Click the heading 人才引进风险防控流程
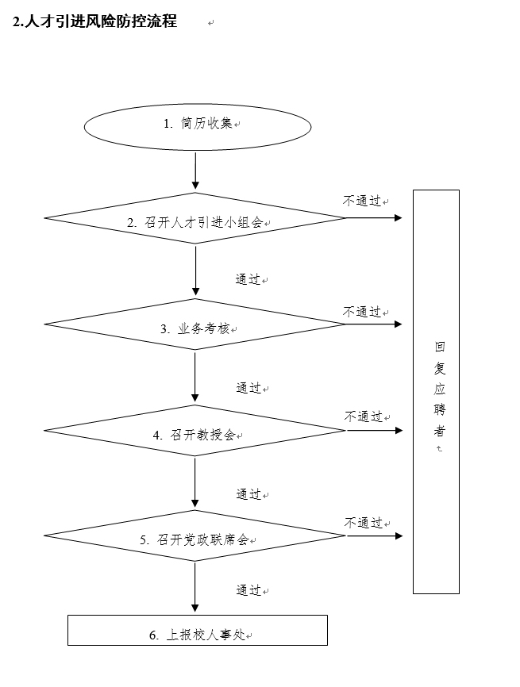pyautogui.click(x=100, y=21)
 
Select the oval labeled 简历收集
pyautogui.click(x=198, y=127)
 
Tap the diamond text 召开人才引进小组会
pyautogui.click(x=203, y=223)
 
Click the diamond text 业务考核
pyautogui.click(x=203, y=328)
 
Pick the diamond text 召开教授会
pyautogui.click(x=203, y=435)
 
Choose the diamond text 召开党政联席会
pyautogui.click(x=203, y=539)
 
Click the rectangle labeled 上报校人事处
pyautogui.click(x=198, y=630)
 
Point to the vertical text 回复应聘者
pyautogui.click(x=440, y=389)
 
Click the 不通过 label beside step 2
pyautogui.click(x=362, y=201)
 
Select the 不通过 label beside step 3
pyautogui.click(x=362, y=312)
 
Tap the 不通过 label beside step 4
pyautogui.click(x=363, y=416)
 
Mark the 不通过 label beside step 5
pyautogui.click(x=363, y=522)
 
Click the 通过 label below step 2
pyautogui.click(x=248, y=279)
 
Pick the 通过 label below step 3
pyautogui.click(x=248, y=388)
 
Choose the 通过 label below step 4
pyautogui.click(x=248, y=494)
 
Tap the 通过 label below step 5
pyautogui.click(x=248, y=590)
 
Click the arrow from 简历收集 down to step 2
pyautogui.click(x=195, y=170)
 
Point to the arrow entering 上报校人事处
pyautogui.click(x=195, y=587)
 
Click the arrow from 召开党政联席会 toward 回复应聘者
pyautogui.click(x=375, y=535)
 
